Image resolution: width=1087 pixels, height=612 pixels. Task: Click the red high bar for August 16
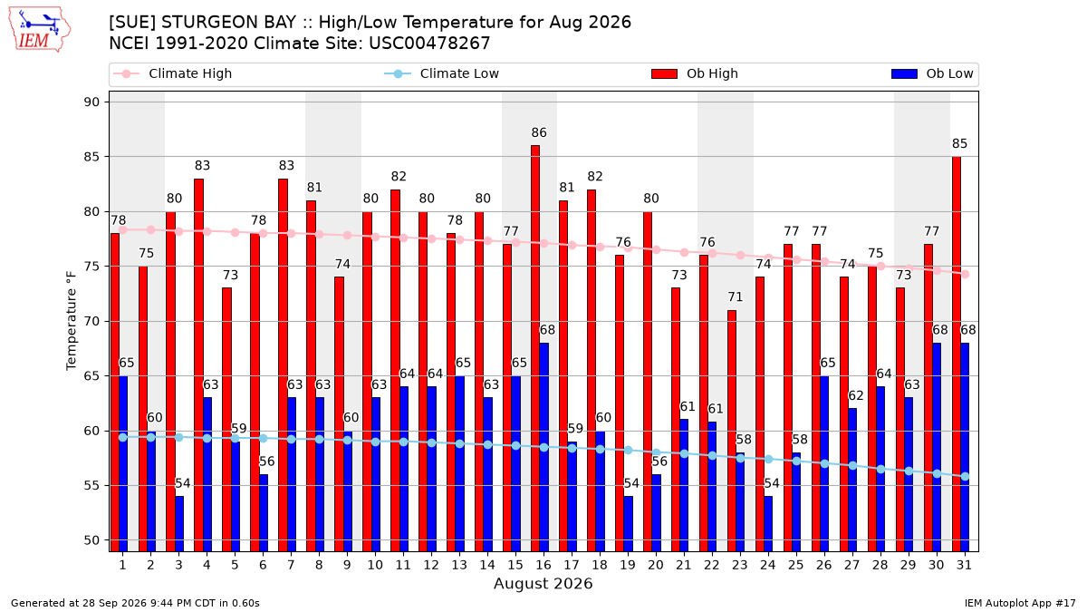pyautogui.click(x=535, y=348)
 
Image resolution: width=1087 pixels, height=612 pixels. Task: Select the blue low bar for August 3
pyautogui.click(x=179, y=524)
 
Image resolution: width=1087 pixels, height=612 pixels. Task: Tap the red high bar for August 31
pyautogui.click(x=956, y=355)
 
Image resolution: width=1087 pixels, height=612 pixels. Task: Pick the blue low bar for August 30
pyautogui.click(x=937, y=447)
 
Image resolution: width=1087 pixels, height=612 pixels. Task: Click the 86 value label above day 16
pyautogui.click(x=539, y=132)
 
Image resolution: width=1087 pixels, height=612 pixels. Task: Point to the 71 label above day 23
pyautogui.click(x=736, y=296)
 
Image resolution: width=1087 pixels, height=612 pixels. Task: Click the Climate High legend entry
pyautogui.click(x=173, y=73)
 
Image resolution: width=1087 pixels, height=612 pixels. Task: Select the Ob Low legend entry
pyautogui.click(x=932, y=73)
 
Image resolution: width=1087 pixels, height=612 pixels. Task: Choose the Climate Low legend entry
pyautogui.click(x=442, y=73)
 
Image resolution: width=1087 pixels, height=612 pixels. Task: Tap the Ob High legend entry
pyautogui.click(x=695, y=73)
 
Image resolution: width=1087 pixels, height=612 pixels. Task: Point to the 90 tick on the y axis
pyautogui.click(x=91, y=102)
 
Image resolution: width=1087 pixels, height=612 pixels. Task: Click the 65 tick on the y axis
pyautogui.click(x=91, y=376)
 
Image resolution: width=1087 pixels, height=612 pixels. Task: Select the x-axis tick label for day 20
pyautogui.click(x=656, y=565)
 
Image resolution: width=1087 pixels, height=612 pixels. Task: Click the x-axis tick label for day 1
pyautogui.click(x=123, y=565)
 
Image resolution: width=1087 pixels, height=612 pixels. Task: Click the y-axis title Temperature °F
pyautogui.click(x=72, y=321)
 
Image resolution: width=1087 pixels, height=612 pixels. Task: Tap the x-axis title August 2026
pyautogui.click(x=543, y=583)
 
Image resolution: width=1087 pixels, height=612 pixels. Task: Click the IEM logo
pyautogui.click(x=39, y=29)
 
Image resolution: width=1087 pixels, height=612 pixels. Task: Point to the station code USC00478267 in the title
pyautogui.click(x=429, y=44)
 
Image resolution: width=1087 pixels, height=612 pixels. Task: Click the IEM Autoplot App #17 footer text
pyautogui.click(x=1020, y=603)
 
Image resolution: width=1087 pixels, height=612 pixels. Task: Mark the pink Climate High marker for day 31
pyautogui.click(x=966, y=275)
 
